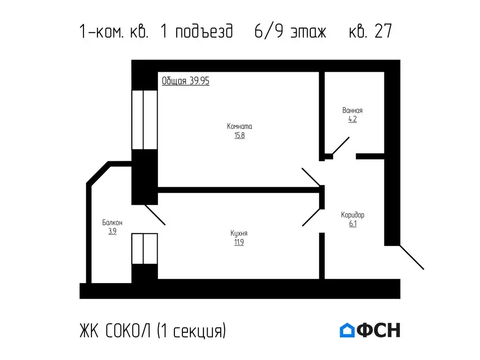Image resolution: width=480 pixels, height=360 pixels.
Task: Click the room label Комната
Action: click(x=240, y=126)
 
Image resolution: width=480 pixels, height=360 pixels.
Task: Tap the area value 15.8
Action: click(x=240, y=136)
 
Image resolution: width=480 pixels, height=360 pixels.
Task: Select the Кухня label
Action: click(x=239, y=233)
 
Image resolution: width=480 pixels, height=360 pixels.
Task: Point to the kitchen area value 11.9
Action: click(x=239, y=243)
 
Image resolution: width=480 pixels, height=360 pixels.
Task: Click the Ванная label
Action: click(x=352, y=111)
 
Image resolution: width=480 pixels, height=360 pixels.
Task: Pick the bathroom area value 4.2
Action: click(x=352, y=120)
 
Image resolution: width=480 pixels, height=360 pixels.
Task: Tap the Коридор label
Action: click(x=352, y=215)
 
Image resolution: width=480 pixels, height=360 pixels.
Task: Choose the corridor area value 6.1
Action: click(x=352, y=224)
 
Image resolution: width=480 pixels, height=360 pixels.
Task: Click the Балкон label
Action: click(x=112, y=223)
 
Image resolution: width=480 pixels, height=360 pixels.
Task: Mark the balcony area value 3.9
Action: click(x=112, y=232)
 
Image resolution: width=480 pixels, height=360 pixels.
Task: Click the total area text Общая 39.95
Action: click(x=186, y=81)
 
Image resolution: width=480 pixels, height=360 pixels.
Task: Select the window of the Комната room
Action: click(x=144, y=120)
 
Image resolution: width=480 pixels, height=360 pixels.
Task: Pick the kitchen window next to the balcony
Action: click(x=144, y=249)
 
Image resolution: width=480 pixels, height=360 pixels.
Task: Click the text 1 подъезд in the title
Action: click(x=196, y=32)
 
